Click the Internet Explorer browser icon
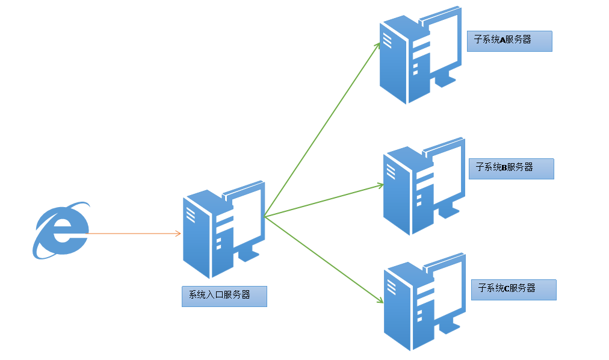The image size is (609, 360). pyautogui.click(x=61, y=231)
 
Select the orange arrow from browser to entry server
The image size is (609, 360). pyautogui.click(x=133, y=234)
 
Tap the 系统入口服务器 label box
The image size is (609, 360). pyautogui.click(x=224, y=296)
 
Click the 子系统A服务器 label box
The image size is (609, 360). pyautogui.click(x=510, y=41)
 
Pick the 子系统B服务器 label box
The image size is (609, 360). pyautogui.click(x=512, y=169)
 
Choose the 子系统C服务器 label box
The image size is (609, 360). pyautogui.click(x=514, y=290)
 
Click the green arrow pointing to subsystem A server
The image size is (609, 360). pyautogui.click(x=322, y=129)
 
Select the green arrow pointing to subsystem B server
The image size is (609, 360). pyautogui.click(x=324, y=201)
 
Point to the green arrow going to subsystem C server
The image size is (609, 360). pyautogui.click(x=324, y=259)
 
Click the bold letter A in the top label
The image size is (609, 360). pyautogui.click(x=502, y=40)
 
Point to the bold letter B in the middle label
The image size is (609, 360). pyautogui.click(x=504, y=167)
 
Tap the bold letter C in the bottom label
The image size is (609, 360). pyautogui.click(x=506, y=288)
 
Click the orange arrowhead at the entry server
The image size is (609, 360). pyautogui.click(x=179, y=234)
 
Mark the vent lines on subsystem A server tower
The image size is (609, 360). pyautogui.click(x=387, y=40)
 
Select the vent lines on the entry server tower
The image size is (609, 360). pyautogui.click(x=190, y=215)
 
